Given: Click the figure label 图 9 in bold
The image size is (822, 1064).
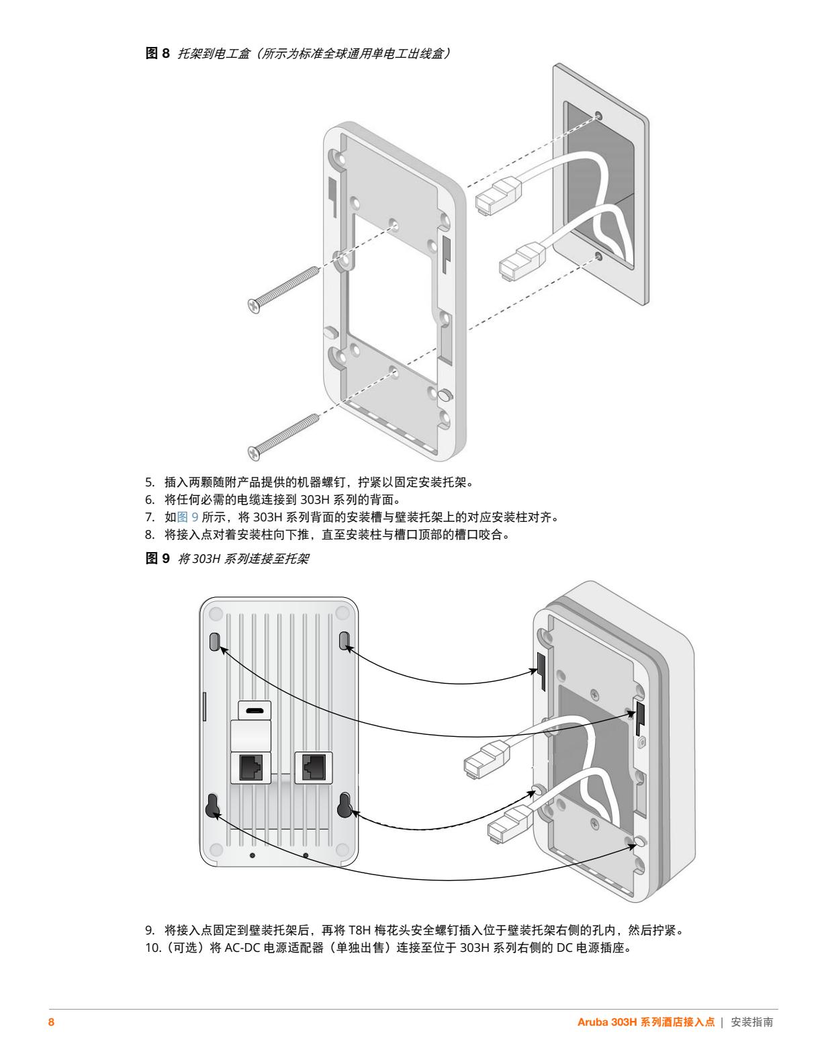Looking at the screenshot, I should point(158,558).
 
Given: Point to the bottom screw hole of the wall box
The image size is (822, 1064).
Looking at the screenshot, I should point(598,256).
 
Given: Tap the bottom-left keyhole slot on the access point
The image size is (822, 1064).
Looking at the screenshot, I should point(214,805).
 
